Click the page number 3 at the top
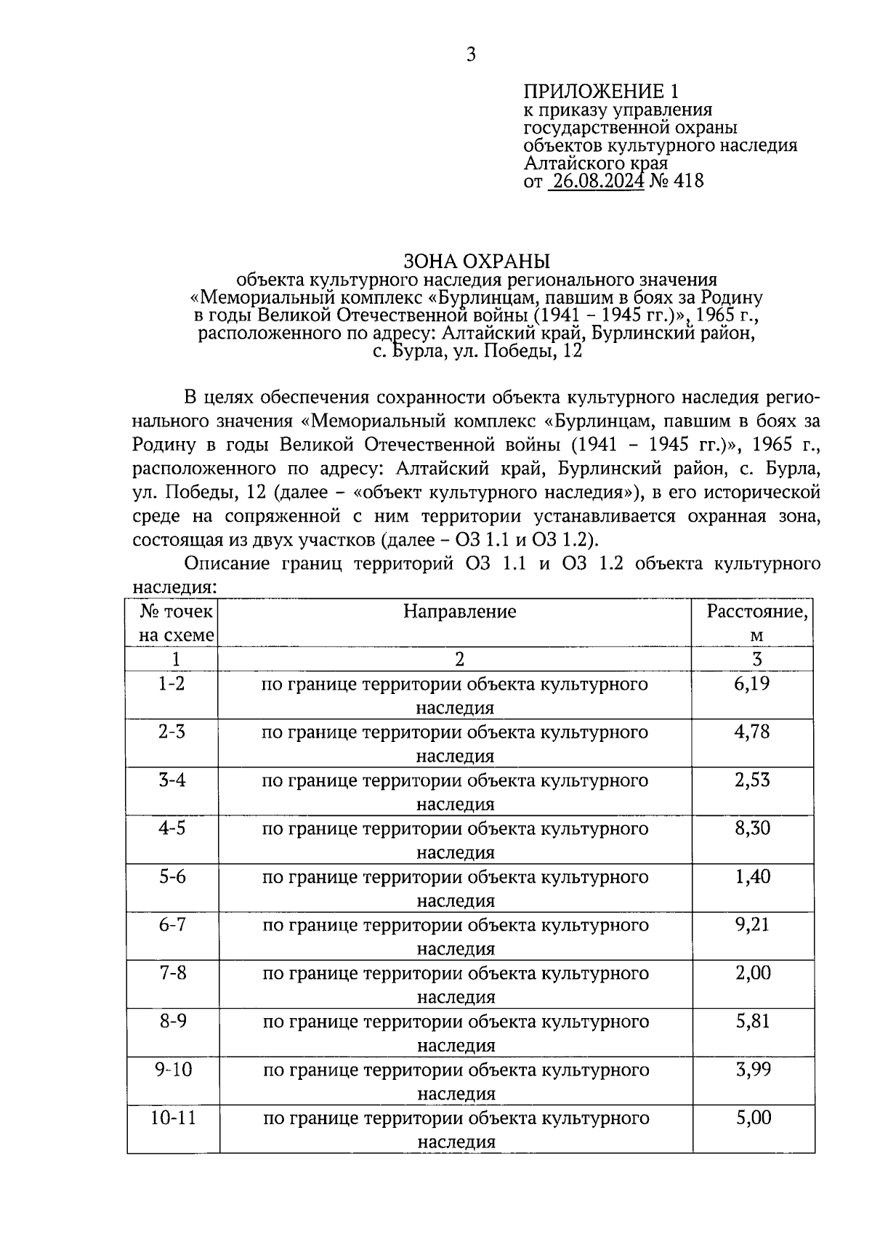471,55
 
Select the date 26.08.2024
596,180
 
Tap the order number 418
690,180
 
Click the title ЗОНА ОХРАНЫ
476,261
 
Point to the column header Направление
459,611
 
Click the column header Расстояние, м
756,622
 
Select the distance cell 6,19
752,683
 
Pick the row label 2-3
172,731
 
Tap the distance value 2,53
752,780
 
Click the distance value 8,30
752,828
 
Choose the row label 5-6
172,876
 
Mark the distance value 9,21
752,924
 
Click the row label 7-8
172,972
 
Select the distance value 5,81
752,1021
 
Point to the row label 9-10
173,1069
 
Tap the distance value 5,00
753,1118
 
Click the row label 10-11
173,1118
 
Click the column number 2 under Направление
459,658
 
